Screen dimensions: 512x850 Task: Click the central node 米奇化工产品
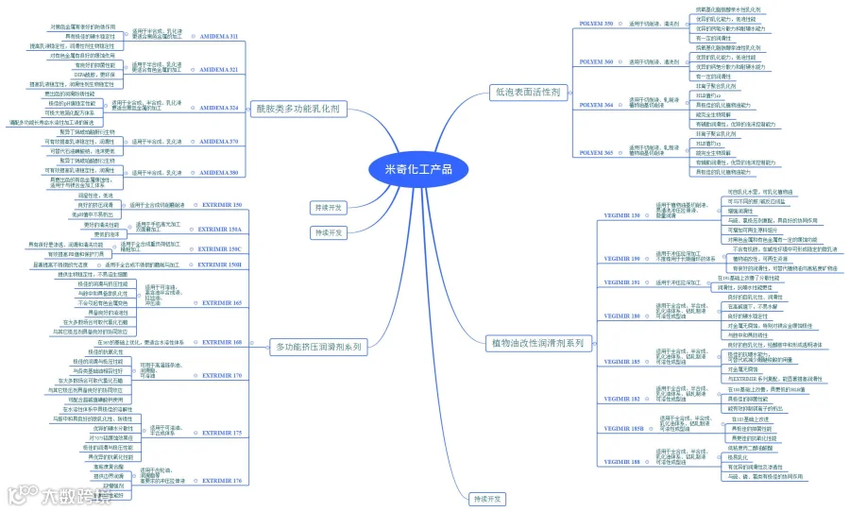tap(418, 169)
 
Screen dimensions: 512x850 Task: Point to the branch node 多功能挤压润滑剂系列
tap(318, 347)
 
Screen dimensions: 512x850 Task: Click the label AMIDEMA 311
tap(218, 36)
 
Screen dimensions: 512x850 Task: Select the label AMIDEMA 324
tap(218, 108)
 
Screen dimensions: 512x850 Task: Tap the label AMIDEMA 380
tap(218, 173)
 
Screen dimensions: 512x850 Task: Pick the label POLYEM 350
tap(595, 22)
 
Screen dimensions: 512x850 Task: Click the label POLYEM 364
tap(595, 104)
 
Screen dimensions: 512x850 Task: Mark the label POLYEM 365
tap(595, 152)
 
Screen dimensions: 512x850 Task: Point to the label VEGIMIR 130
tap(621, 215)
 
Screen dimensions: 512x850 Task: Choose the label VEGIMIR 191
tap(621, 282)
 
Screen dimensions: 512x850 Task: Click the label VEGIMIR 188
tap(621, 462)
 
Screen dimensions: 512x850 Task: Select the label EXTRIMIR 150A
tap(221, 229)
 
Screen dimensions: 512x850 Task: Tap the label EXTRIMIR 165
tap(221, 303)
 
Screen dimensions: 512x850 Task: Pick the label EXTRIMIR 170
tap(221, 375)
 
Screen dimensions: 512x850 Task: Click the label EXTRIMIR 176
tap(221, 480)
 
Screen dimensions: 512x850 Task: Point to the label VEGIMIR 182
tap(621, 399)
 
